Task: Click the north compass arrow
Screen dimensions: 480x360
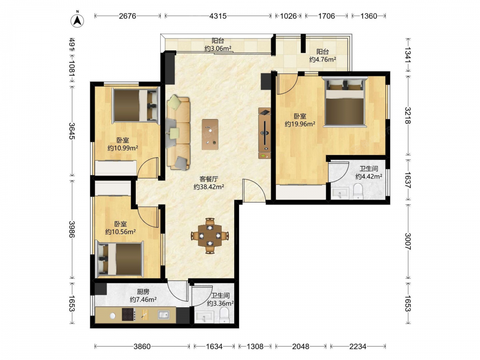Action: click(78, 21)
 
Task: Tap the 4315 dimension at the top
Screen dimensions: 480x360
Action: click(218, 16)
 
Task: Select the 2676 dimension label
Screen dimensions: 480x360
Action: click(127, 16)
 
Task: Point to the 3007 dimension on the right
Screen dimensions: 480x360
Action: click(408, 241)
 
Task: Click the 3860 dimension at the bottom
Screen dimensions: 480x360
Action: click(142, 347)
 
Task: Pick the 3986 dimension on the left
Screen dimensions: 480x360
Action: click(72, 229)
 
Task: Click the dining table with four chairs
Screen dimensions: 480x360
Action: click(210, 236)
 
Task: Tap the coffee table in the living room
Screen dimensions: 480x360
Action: click(210, 134)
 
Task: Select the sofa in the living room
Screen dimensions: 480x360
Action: click(178, 132)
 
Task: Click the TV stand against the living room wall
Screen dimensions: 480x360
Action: click(264, 133)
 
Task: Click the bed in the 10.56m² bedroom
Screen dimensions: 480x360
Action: click(120, 258)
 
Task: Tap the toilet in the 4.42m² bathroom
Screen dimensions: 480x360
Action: click(358, 191)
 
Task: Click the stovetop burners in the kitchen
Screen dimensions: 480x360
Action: click(129, 314)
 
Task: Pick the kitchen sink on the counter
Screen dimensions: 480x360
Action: click(164, 315)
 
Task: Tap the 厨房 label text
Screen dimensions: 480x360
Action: click(143, 292)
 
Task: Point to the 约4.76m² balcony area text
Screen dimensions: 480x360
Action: click(323, 60)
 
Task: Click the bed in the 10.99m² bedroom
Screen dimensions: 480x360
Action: click(136, 105)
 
